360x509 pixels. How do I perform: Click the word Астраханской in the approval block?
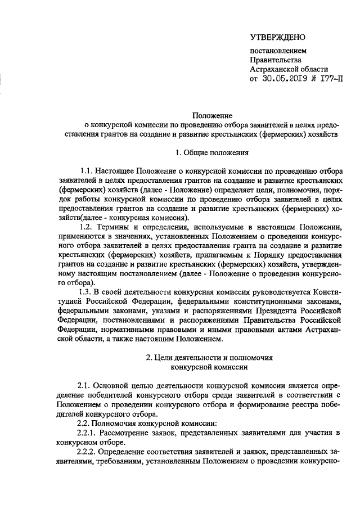272,69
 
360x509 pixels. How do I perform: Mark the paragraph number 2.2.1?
87,432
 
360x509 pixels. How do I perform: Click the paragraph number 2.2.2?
87,451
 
